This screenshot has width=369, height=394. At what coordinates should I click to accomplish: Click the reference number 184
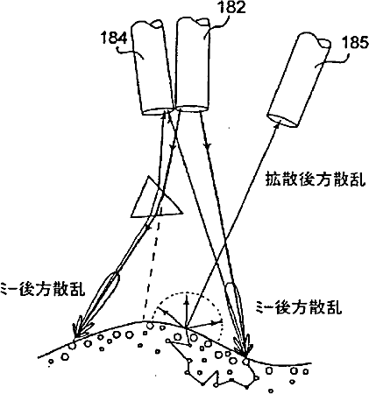pyautogui.click(x=114, y=38)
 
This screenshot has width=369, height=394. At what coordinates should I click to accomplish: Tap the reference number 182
pyautogui.click(x=231, y=7)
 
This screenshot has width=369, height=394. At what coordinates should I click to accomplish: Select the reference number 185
pyautogui.click(x=356, y=44)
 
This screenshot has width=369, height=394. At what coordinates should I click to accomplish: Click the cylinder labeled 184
pyautogui.click(x=153, y=68)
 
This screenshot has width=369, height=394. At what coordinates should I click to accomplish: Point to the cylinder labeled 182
pyautogui.click(x=193, y=65)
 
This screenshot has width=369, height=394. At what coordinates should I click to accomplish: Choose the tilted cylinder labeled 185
pyautogui.click(x=300, y=81)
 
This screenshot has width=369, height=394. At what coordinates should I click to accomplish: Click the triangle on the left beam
pyautogui.click(x=156, y=199)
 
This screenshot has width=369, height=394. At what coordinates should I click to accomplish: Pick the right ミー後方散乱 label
pyautogui.click(x=298, y=306)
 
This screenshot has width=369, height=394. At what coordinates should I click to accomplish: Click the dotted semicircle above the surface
pyautogui.click(x=187, y=292)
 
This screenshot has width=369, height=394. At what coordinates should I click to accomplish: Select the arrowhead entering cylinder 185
pyautogui.click(x=277, y=124)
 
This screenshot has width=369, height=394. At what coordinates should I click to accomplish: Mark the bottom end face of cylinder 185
pyautogui.click(x=282, y=120)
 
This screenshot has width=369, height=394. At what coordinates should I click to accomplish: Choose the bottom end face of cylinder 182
pyautogui.click(x=192, y=109)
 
